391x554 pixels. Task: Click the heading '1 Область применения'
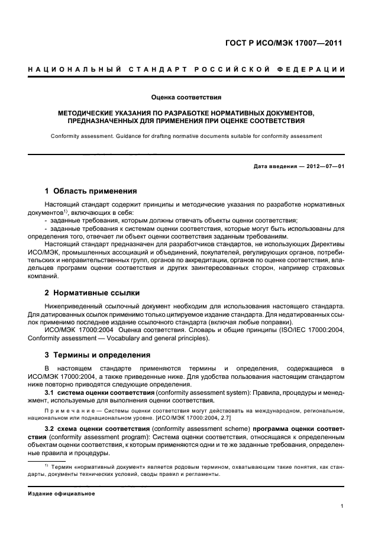[x=91, y=191]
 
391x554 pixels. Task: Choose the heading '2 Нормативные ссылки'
[x=92, y=292]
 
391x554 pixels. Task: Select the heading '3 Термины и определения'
[x=98, y=355]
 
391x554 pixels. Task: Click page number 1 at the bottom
[x=342, y=506]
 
